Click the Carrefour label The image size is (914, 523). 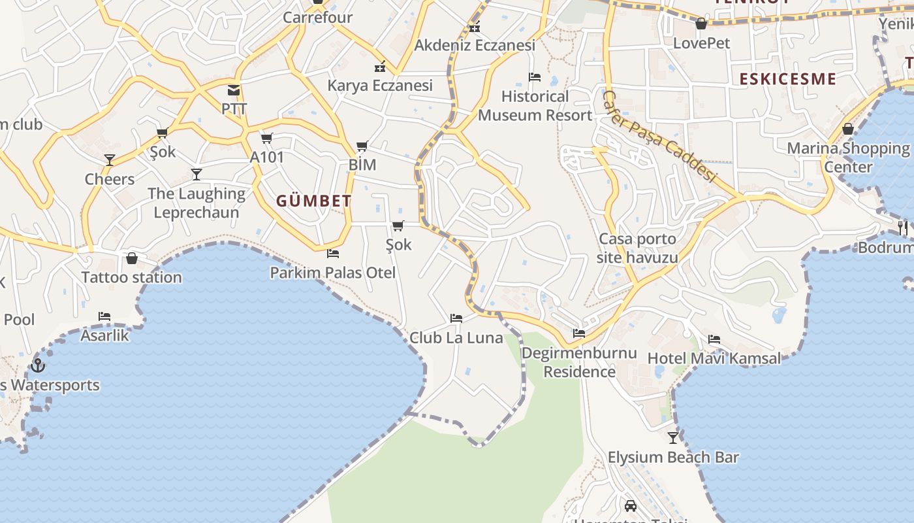click(x=317, y=18)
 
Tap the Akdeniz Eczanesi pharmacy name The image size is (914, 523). click(x=475, y=45)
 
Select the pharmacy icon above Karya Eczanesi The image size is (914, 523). click(x=380, y=67)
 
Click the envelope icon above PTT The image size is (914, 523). click(x=234, y=90)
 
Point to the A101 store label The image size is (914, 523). click(x=267, y=157)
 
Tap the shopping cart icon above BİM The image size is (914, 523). click(x=362, y=146)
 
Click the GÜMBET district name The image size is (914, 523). click(x=314, y=201)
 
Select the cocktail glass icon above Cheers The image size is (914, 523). click(x=110, y=160)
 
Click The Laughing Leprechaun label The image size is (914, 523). click(x=197, y=203)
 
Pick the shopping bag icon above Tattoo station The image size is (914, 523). click(x=132, y=258)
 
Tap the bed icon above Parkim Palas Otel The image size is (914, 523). click(x=333, y=253)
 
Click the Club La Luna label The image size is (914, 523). click(x=456, y=338)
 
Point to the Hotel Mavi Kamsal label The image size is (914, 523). click(x=714, y=358)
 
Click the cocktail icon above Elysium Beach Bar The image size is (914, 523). click(x=673, y=437)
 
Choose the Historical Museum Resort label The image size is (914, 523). click(x=535, y=106)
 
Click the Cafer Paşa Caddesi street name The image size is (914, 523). click(x=659, y=136)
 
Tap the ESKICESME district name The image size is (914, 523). click(x=787, y=79)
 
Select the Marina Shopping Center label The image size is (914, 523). click(x=848, y=157)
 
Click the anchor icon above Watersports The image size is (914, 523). click(x=38, y=365)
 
